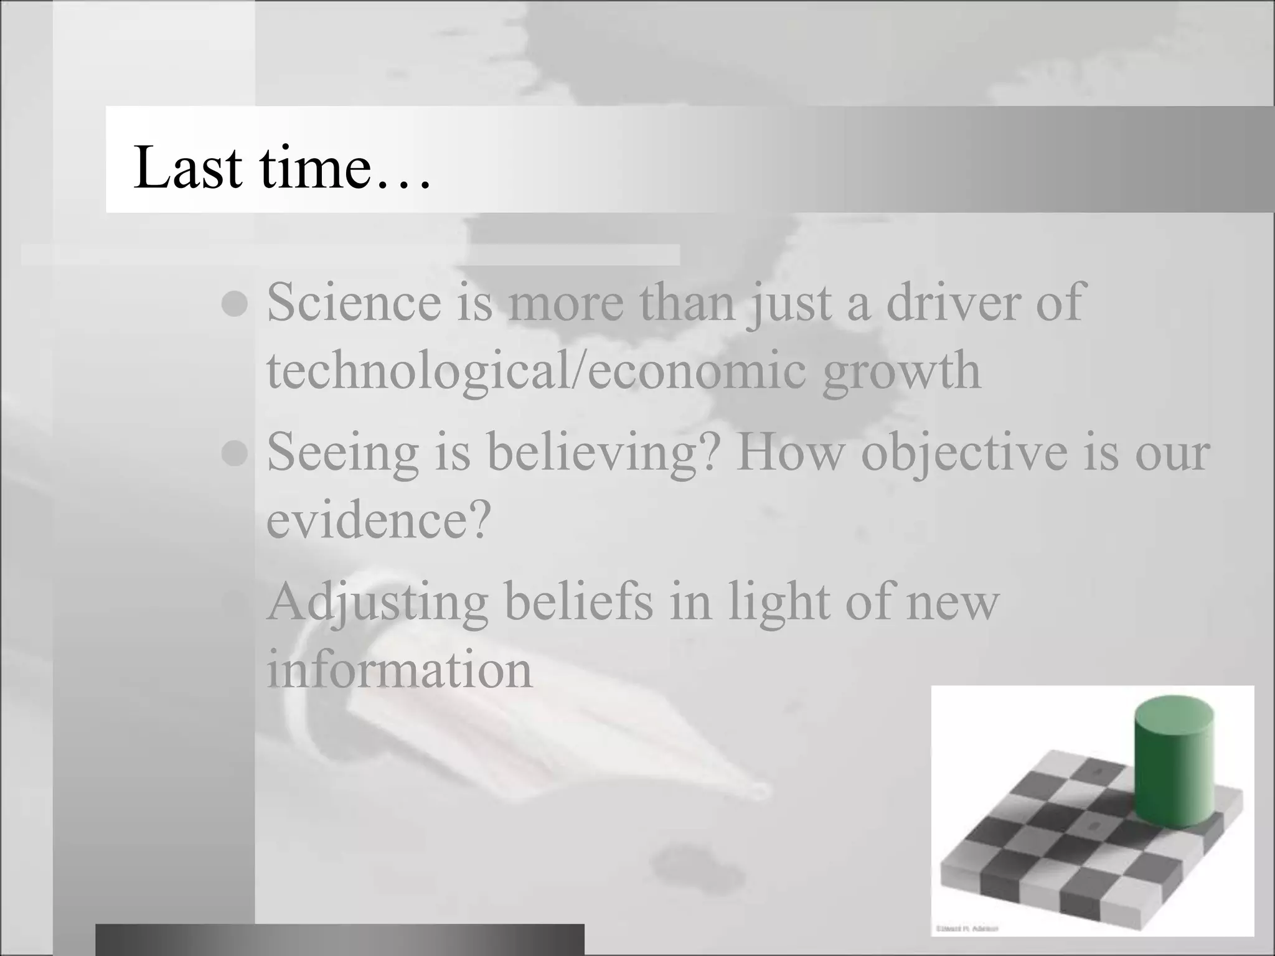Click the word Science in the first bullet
pos(354,302)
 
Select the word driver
pos(953,302)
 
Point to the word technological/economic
pos(536,372)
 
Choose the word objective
pos(964,452)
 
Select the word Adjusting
pos(377,602)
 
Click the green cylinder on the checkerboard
pos(1174,772)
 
